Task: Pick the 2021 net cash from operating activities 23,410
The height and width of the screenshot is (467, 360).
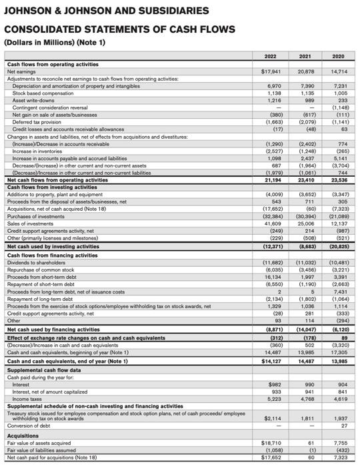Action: [307, 179]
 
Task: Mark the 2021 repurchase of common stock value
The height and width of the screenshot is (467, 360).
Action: [307, 270]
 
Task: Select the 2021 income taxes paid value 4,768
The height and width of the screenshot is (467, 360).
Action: [307, 399]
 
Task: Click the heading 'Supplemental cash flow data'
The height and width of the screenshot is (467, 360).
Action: [43, 370]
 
